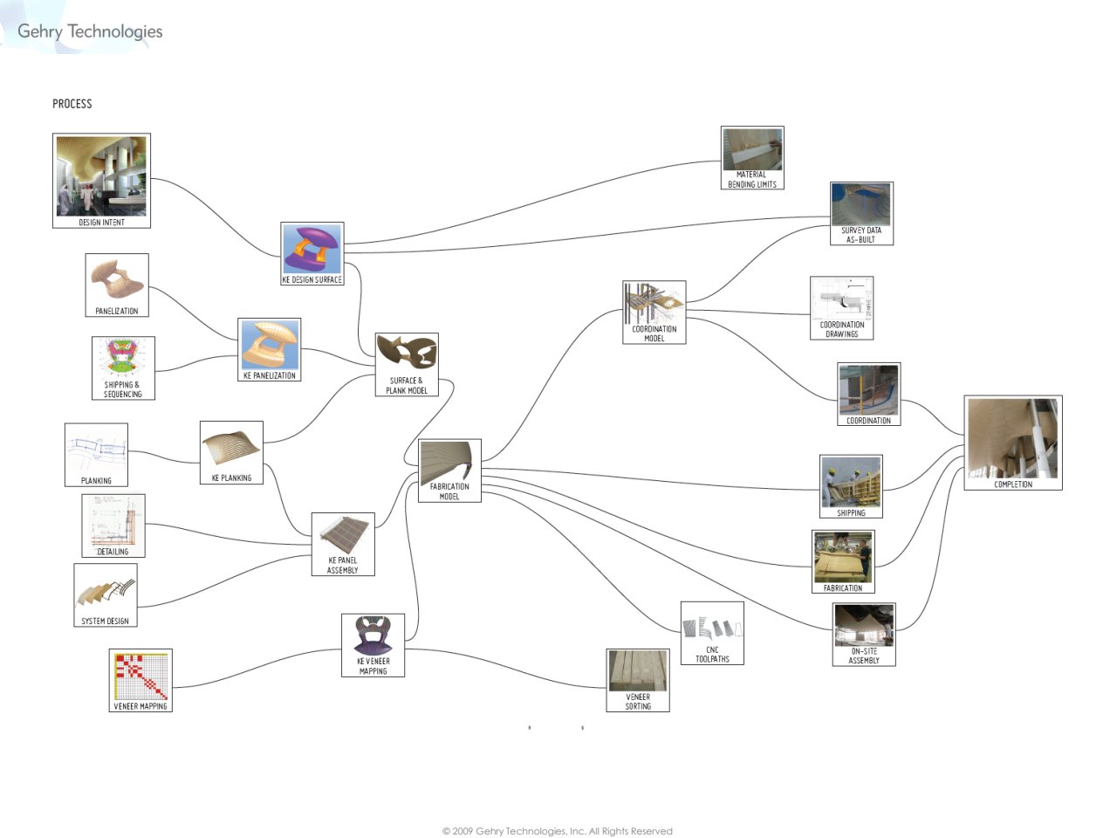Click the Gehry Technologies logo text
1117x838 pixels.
pyautogui.click(x=90, y=31)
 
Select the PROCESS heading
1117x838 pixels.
pyautogui.click(x=72, y=104)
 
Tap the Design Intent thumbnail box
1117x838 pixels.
pyautogui.click(x=101, y=180)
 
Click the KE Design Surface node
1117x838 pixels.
pyautogui.click(x=312, y=253)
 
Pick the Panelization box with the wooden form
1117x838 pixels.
pyautogui.click(x=117, y=285)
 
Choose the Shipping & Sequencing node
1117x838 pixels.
pyautogui.click(x=123, y=367)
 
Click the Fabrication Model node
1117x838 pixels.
pyautogui.click(x=449, y=471)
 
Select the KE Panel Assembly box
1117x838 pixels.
pyautogui.click(x=343, y=544)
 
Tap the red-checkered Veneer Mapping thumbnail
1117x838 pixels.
pyautogui.click(x=140, y=680)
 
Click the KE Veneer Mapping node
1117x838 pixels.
pyautogui.click(x=373, y=645)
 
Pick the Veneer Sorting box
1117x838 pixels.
pyautogui.click(x=638, y=680)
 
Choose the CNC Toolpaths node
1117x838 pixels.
pyautogui.click(x=712, y=633)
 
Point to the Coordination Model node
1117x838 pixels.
pyautogui.click(x=654, y=312)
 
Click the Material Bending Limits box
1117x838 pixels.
pyautogui.click(x=751, y=157)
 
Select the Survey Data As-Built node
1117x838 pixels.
pyautogui.click(x=861, y=213)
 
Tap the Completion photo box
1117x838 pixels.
pyautogui.click(x=1012, y=442)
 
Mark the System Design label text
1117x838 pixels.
pyautogui.click(x=105, y=622)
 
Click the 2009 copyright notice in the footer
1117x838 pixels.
pyautogui.click(x=558, y=831)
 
